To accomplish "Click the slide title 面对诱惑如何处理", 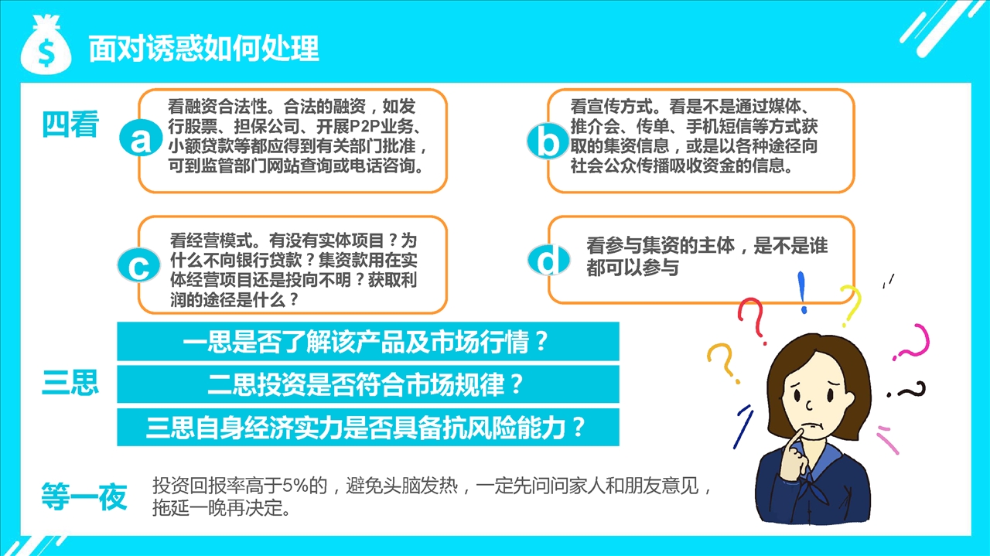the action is pyautogui.click(x=203, y=48).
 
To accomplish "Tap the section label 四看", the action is pyautogui.click(x=70, y=125).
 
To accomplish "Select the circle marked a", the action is pyautogui.click(x=140, y=138).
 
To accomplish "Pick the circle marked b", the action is pyautogui.click(x=548, y=141).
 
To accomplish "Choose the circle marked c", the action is pyautogui.click(x=138, y=265).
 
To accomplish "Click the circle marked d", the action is pyautogui.click(x=548, y=260).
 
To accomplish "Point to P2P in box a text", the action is pyautogui.click(x=365, y=126).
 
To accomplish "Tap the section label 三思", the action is pyautogui.click(x=70, y=382).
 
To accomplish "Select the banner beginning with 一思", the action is pyautogui.click(x=367, y=341).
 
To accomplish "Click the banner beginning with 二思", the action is pyautogui.click(x=367, y=384).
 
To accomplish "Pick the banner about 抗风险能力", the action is pyautogui.click(x=367, y=427).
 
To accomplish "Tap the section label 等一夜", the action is pyautogui.click(x=84, y=496).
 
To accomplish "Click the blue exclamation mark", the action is pyautogui.click(x=802, y=292).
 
